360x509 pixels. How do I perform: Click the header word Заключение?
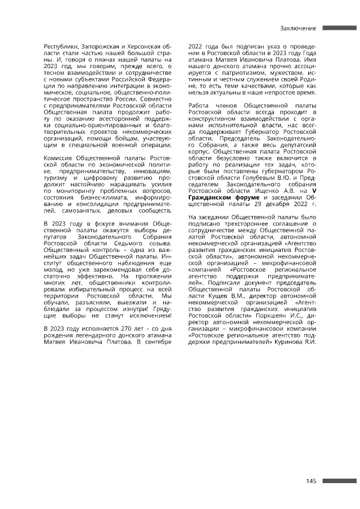pos(298,28)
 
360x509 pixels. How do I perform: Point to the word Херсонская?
pos(142,44)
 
